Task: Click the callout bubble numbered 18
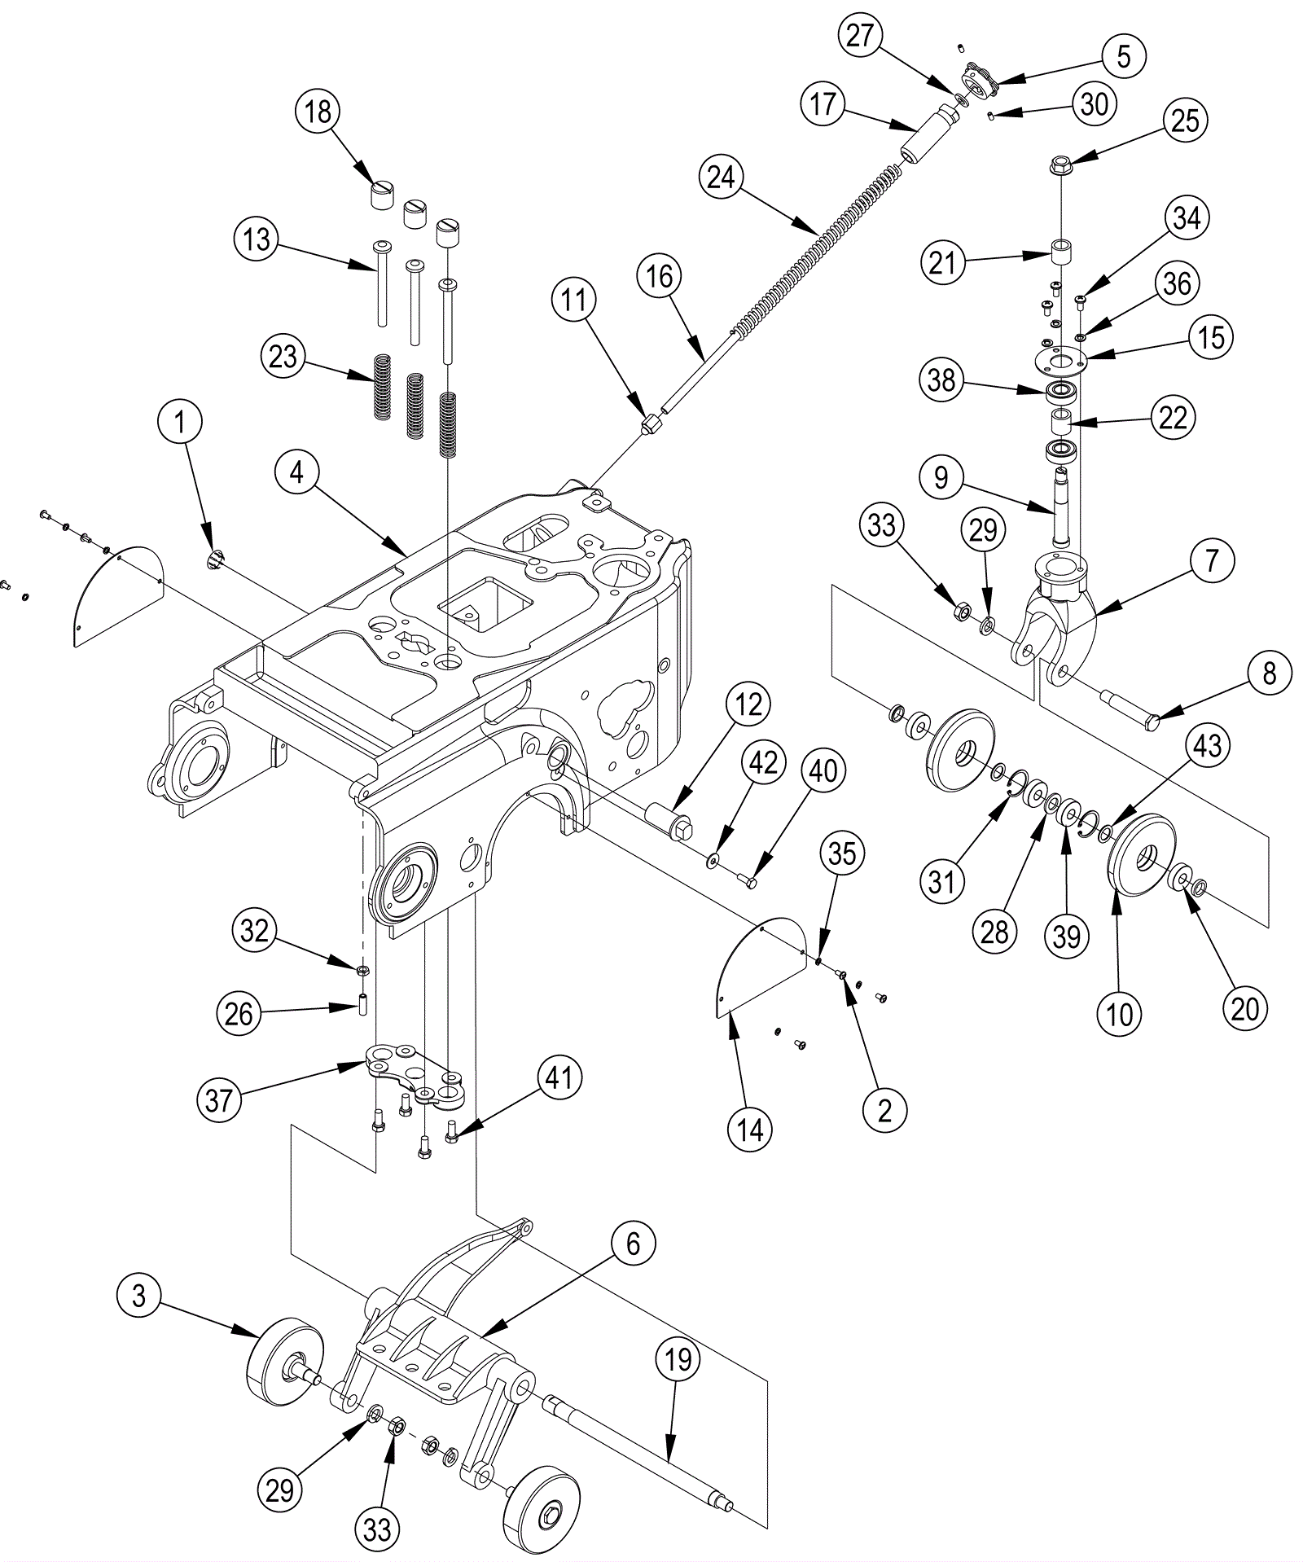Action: (318, 111)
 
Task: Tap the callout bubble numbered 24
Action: (722, 178)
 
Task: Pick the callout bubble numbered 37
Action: (219, 1101)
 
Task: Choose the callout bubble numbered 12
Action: (748, 704)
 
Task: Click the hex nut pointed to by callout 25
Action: (1060, 164)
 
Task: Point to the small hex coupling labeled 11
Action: (651, 424)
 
